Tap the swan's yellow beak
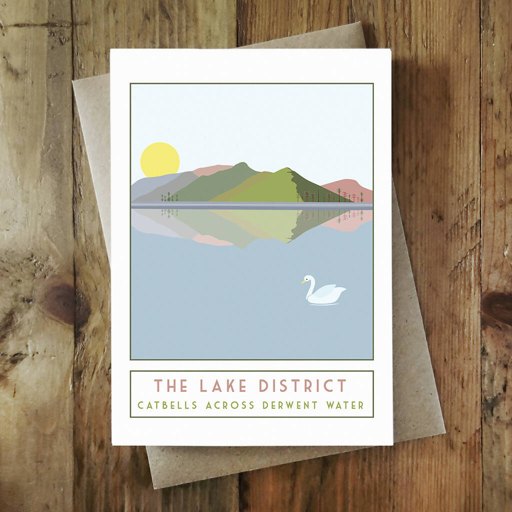pyautogui.click(x=303, y=282)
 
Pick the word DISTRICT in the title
pyautogui.click(x=302, y=386)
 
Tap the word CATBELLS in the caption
pyautogui.click(x=167, y=405)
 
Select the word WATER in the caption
pyautogui.click(x=345, y=405)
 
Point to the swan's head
pyautogui.click(x=308, y=279)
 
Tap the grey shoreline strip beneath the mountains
pyautogui.click(x=250, y=205)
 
